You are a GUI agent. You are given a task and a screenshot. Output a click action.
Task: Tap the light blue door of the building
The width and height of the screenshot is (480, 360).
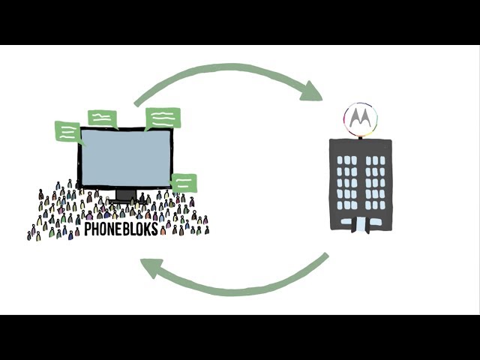pyautogui.click(x=361, y=223)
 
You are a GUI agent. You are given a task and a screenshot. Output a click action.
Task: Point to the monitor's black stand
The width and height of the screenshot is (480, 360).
pyautogui.click(x=126, y=196)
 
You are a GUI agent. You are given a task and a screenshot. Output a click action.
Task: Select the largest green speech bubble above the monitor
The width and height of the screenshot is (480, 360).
pyautogui.click(x=163, y=118)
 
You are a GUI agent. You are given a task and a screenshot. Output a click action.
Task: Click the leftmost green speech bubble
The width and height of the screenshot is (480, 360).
pyautogui.click(x=67, y=131)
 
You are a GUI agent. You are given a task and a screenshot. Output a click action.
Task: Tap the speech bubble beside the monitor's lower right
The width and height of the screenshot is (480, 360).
pyautogui.click(x=184, y=182)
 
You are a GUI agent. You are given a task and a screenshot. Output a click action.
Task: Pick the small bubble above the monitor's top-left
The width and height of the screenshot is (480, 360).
pyautogui.click(x=102, y=118)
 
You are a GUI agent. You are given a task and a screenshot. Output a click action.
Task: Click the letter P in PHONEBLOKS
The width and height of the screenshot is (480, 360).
pyautogui.click(x=88, y=229)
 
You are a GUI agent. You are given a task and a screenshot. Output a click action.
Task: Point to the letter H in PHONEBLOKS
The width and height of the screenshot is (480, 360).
pyautogui.click(x=95, y=229)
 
